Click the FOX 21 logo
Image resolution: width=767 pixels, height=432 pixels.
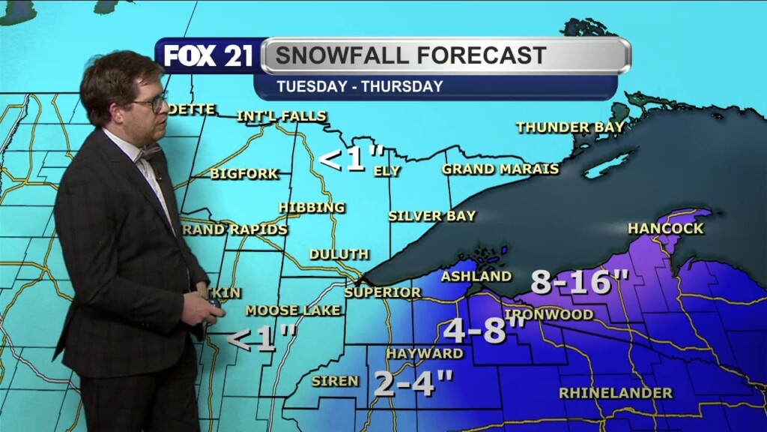(x=208, y=56)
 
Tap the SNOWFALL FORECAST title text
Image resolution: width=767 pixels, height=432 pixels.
(x=410, y=55)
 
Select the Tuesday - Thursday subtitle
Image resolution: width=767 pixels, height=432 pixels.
(x=360, y=86)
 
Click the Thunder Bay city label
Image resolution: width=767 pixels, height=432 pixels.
(x=570, y=127)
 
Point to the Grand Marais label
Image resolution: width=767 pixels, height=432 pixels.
(x=500, y=169)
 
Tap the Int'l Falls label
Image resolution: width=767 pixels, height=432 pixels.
(x=282, y=116)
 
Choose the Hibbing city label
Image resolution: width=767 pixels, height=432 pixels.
(x=312, y=208)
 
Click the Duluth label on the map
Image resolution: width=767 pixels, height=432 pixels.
(x=339, y=255)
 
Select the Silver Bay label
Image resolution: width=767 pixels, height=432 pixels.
(x=431, y=216)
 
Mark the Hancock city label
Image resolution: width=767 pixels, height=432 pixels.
(x=665, y=229)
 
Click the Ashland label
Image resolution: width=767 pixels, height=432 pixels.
(x=476, y=277)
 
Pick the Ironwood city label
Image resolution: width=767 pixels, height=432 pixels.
(x=549, y=314)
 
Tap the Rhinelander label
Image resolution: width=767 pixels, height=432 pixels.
(x=616, y=393)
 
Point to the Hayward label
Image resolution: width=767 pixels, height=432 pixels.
(x=425, y=353)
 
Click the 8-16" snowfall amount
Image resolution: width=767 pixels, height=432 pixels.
(x=580, y=283)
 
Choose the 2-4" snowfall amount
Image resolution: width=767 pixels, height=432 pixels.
(x=413, y=383)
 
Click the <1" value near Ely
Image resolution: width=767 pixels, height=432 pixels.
(x=342, y=160)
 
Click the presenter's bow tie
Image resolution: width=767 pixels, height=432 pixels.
(x=148, y=153)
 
